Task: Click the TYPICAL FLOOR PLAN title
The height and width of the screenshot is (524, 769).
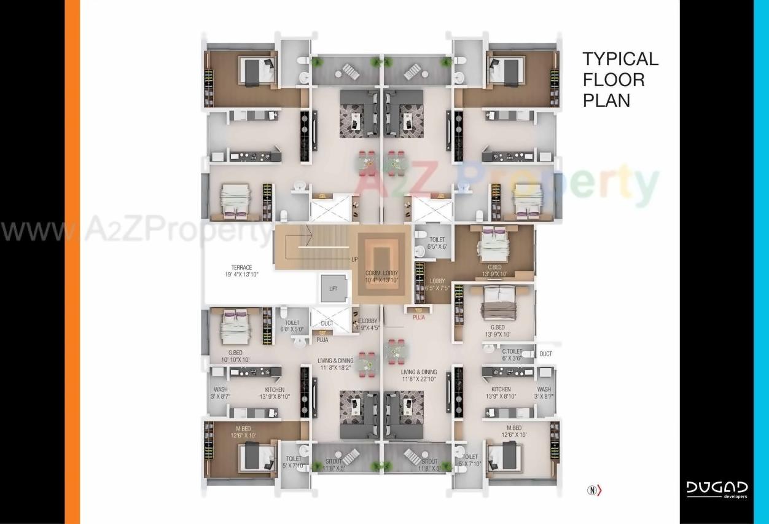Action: click(620, 79)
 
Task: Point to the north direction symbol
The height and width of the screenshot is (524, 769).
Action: click(595, 490)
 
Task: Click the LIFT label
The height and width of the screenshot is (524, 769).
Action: click(333, 288)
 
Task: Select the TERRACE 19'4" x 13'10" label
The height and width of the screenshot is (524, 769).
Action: click(241, 271)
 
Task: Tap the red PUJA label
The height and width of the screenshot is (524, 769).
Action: click(419, 318)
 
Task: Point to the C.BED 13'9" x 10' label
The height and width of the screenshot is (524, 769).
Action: click(495, 271)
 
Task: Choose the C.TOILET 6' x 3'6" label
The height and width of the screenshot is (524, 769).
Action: click(512, 355)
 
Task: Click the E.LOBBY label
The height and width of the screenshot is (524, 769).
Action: click(368, 324)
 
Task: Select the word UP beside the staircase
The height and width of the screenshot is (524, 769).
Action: click(354, 259)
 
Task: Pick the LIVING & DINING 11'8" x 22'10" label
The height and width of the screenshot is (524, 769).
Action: click(419, 376)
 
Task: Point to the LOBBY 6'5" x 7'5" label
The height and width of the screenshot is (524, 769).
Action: click(437, 284)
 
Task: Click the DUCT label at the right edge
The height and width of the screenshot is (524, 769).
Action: click(545, 354)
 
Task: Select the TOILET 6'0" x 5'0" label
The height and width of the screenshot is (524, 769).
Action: click(292, 326)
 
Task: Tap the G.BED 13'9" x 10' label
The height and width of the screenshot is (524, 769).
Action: click(498, 331)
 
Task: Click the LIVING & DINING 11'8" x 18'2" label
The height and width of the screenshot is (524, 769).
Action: click(335, 364)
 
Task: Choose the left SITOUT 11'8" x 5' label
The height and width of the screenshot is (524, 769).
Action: click(334, 465)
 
